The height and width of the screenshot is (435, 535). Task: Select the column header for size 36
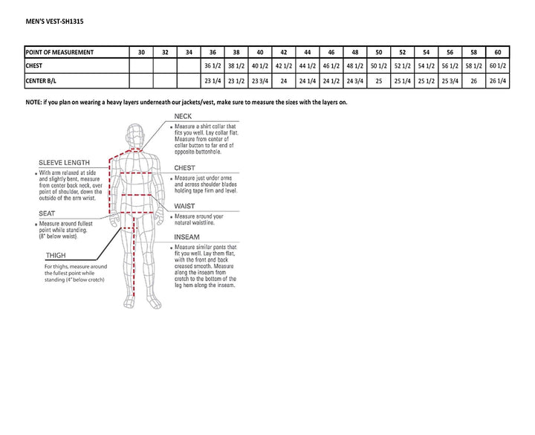coord(213,52)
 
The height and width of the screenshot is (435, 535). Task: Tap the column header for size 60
coord(498,52)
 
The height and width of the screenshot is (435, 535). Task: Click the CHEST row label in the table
coord(37,66)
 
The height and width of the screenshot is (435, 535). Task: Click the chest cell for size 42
coord(284,66)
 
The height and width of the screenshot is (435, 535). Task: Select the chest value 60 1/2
coord(498,66)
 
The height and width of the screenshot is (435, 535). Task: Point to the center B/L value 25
coord(379,81)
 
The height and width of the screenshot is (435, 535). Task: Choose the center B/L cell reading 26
coord(474,81)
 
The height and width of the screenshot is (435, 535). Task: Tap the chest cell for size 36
coord(213,66)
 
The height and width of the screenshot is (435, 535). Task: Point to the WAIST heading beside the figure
coord(184,206)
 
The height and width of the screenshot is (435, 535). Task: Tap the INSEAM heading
coord(187,237)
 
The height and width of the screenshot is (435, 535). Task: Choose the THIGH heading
coord(54,255)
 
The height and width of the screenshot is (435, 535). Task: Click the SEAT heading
coord(47,214)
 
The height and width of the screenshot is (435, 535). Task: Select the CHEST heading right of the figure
coord(184,168)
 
